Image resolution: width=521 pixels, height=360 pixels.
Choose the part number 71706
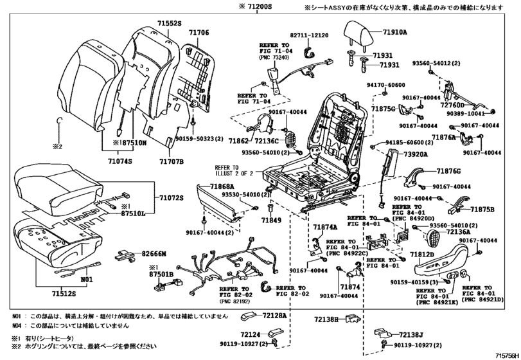[x=198, y=32]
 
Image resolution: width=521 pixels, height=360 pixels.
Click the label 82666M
[x=154, y=255]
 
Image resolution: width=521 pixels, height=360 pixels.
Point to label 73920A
[x=416, y=155]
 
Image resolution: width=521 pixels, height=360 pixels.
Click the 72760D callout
[x=454, y=105]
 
